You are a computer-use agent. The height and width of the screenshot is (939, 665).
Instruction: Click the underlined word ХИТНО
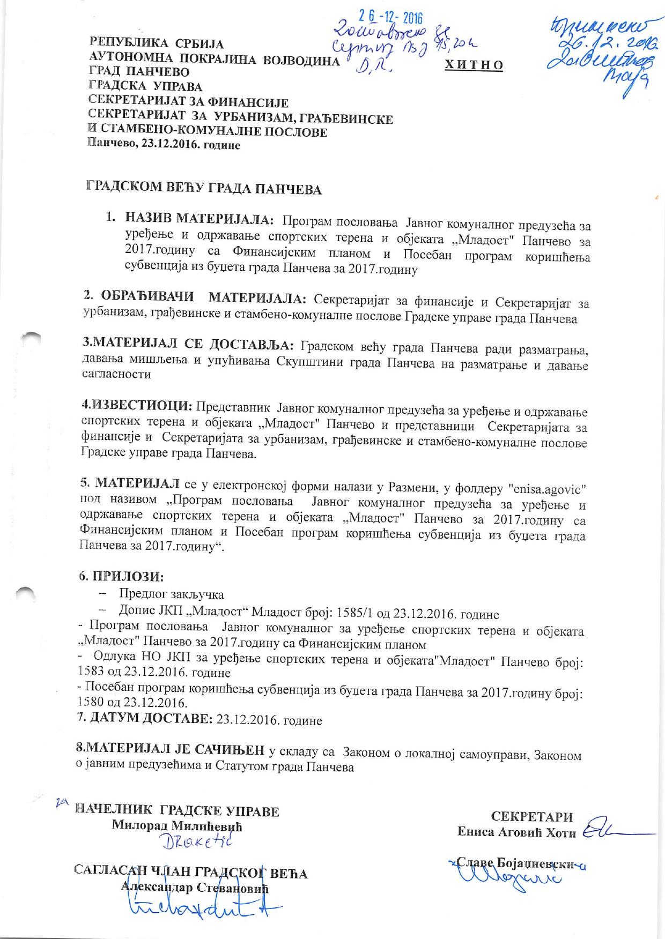click(x=474, y=65)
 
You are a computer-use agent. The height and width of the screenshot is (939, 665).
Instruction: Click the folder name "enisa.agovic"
click(x=546, y=488)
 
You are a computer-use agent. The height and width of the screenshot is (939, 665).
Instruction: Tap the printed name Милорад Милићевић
click(x=177, y=826)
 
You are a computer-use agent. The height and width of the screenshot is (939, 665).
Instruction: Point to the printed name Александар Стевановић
click(x=195, y=888)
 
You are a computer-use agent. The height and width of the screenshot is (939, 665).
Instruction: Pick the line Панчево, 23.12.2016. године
click(x=164, y=145)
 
